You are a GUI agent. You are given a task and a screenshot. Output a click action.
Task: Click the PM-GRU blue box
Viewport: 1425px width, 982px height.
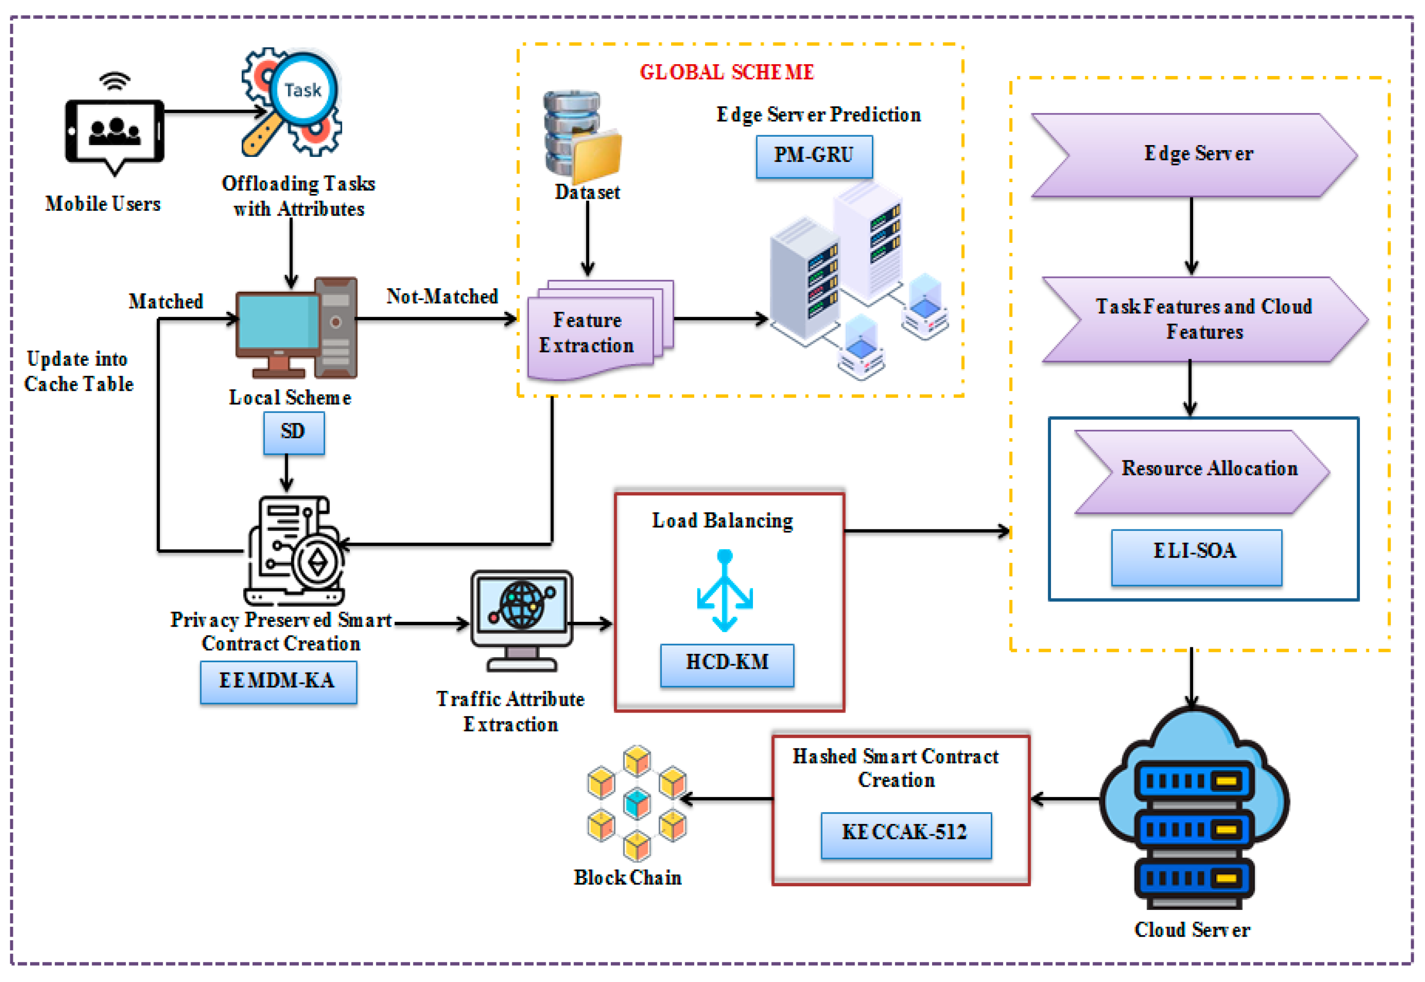(x=814, y=156)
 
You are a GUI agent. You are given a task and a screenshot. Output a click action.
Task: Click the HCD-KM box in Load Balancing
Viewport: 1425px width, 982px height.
(x=727, y=665)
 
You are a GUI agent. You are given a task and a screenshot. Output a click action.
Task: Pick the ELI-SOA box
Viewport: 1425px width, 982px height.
(x=1196, y=556)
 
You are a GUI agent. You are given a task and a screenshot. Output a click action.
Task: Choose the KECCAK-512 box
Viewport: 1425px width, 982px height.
(x=906, y=834)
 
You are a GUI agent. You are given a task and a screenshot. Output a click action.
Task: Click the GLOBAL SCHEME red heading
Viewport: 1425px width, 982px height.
(x=727, y=72)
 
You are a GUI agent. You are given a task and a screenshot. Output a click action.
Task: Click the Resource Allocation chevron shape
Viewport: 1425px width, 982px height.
(x=1203, y=471)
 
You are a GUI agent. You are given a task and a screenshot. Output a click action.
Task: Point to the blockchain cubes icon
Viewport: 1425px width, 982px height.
(x=636, y=802)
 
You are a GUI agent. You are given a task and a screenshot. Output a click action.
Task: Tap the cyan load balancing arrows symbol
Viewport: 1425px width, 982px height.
(x=724, y=591)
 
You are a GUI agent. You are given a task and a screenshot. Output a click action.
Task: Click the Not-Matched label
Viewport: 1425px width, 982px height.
(x=442, y=297)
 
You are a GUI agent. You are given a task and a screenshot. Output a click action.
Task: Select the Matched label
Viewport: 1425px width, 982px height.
(x=165, y=302)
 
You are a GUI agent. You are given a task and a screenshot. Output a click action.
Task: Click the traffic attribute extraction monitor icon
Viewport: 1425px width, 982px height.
(x=521, y=618)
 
